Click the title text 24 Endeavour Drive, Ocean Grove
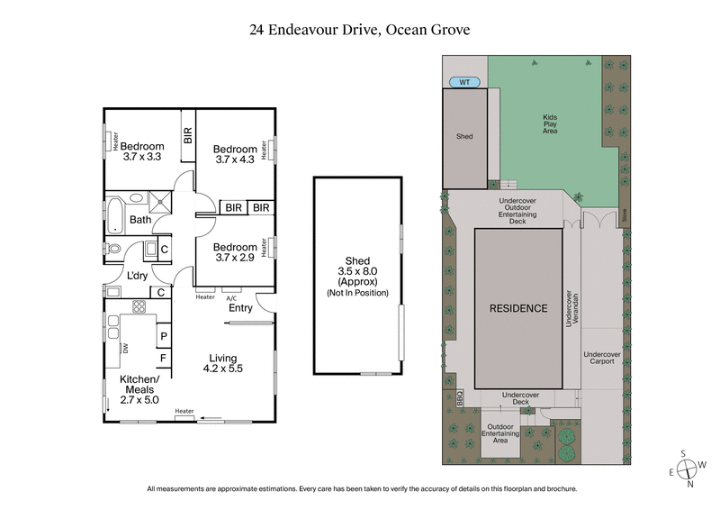tap(360, 30)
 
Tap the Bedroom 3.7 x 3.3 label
tap(142, 152)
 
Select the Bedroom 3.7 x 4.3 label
tap(234, 154)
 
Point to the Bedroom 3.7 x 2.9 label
tap(234, 253)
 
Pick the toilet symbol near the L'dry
tap(113, 249)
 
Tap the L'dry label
tap(138, 275)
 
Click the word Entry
tap(240, 308)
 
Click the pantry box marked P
tap(164, 337)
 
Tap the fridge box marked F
tap(164, 359)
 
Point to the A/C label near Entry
tap(231, 298)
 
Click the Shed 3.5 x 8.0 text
tap(358, 267)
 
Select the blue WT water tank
tap(464, 82)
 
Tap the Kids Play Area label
tap(549, 123)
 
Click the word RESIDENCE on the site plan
tap(517, 308)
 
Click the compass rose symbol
tap(689, 469)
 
